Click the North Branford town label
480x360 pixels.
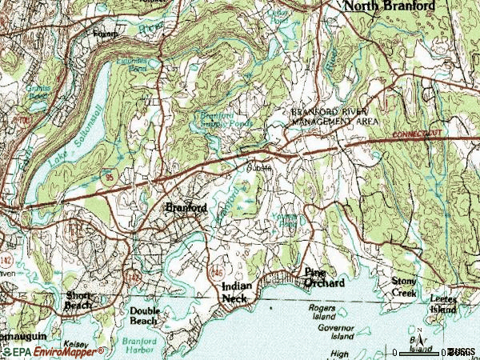(390, 6)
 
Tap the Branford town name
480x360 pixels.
(186, 207)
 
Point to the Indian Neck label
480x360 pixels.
(240, 292)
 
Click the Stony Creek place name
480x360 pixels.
(404, 287)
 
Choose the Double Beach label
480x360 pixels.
(146, 315)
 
